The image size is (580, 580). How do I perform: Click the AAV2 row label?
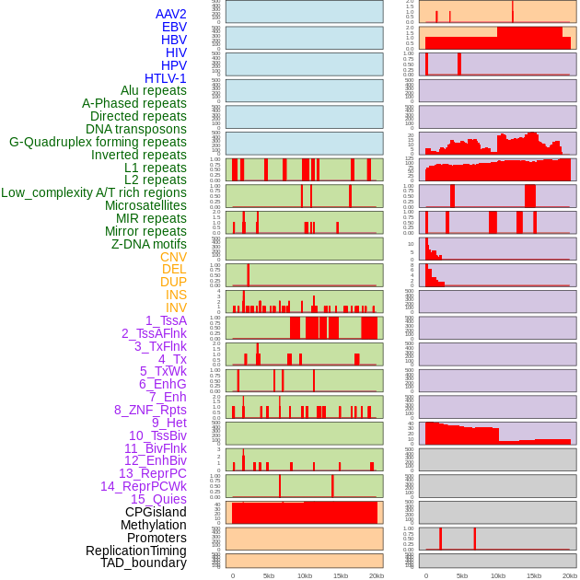[170, 14]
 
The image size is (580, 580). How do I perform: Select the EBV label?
[174, 27]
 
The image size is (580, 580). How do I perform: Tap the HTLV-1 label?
[165, 78]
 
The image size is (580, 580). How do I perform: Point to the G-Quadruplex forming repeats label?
[98, 142]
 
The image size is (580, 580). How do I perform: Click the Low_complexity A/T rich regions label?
[94, 192]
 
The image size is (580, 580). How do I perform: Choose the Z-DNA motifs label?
[149, 244]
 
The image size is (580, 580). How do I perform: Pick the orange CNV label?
[173, 257]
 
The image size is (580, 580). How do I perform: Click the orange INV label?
[176, 307]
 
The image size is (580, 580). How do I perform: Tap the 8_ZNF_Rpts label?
[150, 410]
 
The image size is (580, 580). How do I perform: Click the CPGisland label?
[156, 512]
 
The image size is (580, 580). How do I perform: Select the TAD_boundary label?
[144, 563]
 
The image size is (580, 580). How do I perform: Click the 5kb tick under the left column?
[269, 575]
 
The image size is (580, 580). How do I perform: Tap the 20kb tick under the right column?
[570, 575]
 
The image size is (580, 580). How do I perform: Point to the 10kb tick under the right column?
[498, 575]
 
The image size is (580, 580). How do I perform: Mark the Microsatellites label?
[145, 205]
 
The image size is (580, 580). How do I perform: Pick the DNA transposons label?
[136, 129]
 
